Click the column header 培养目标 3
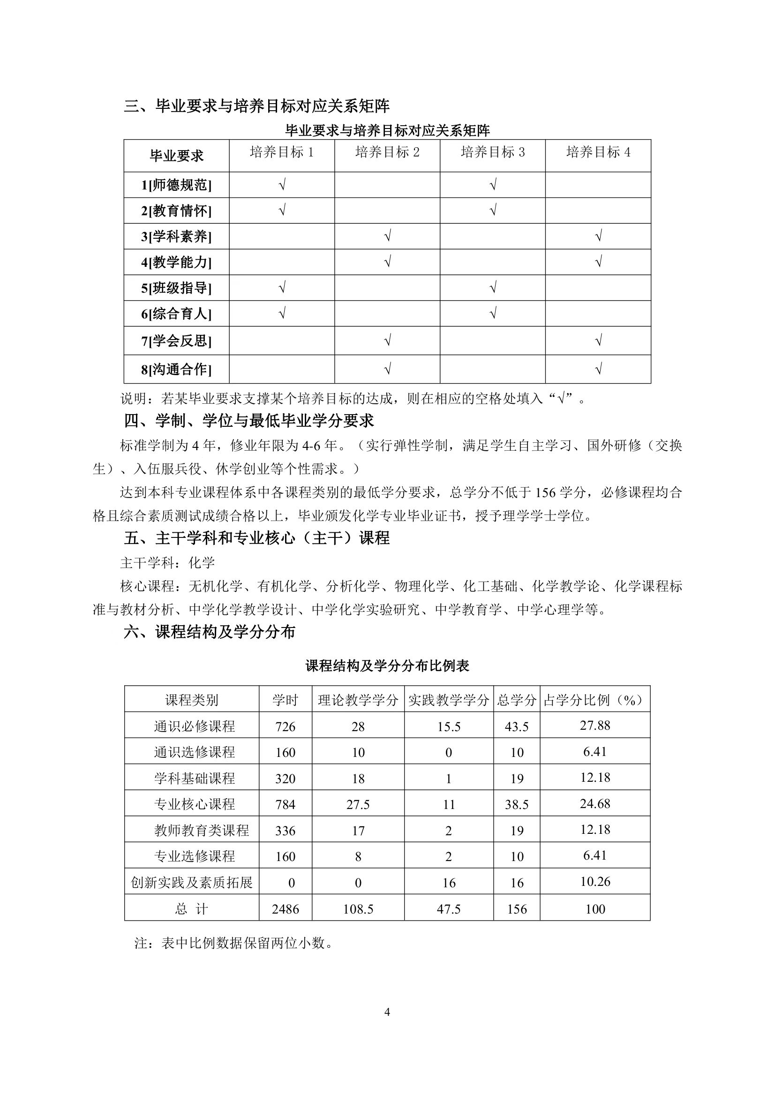coord(492,152)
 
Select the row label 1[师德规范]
coord(176,185)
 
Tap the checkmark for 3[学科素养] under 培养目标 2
coord(387,236)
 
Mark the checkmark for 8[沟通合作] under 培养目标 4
coord(598,369)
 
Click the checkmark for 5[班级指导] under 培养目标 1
coord(282,287)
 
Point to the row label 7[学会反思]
coord(176,341)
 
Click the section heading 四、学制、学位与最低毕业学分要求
coord(249,421)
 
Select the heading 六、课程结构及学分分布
coord(210,632)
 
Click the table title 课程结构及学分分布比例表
coord(387,666)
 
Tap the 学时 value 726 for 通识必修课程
coord(286,726)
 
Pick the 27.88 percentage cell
coord(595,726)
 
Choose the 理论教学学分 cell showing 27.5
coord(358,804)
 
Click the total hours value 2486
coord(286,909)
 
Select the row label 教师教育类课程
coord(202,831)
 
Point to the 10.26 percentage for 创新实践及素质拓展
coord(595,882)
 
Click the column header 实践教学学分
coord(449,700)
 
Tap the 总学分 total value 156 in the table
coord(517,909)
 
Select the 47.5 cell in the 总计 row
coord(449,909)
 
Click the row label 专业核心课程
coord(194,804)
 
